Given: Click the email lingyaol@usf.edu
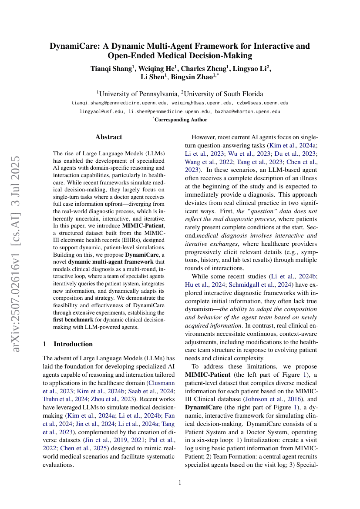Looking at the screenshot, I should pos(101,111).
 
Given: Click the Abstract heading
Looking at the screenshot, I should pos(108,137).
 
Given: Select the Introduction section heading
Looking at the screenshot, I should pos(73,344).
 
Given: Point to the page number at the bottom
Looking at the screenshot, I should pos(180,482).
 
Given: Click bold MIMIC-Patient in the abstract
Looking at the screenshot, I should pos(142,226).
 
